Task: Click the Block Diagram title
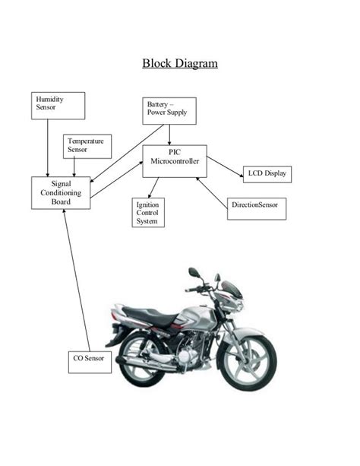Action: coord(180,62)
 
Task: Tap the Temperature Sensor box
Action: coord(87,146)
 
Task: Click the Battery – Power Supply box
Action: coord(169,111)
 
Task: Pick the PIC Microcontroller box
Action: coord(174,160)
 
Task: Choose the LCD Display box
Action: coord(267,174)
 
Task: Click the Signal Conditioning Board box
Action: coord(61,193)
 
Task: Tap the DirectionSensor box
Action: coord(257,206)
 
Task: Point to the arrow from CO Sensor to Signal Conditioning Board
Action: coord(77,281)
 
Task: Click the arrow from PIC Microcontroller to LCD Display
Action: coord(224,166)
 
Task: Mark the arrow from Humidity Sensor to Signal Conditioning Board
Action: coord(48,148)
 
